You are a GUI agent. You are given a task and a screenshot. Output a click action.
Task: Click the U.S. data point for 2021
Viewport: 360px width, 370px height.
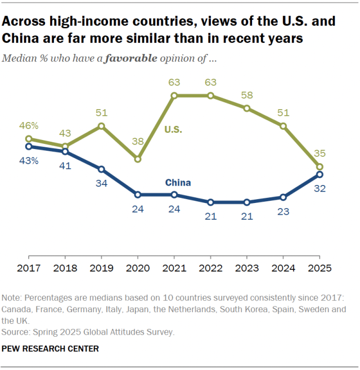coord(174,96)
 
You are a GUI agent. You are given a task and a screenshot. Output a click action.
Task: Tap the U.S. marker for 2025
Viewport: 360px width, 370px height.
coord(319,167)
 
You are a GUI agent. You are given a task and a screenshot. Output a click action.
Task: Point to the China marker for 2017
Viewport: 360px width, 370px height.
coord(29,146)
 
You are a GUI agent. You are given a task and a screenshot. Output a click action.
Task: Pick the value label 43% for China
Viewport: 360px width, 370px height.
coord(29,161)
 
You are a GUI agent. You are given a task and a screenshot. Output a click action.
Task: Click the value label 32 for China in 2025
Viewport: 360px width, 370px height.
coord(319,189)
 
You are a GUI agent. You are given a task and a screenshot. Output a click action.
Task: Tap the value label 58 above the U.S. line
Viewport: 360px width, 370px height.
coord(247,94)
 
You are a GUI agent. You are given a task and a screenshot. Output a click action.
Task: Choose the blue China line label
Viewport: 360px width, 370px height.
coord(178,182)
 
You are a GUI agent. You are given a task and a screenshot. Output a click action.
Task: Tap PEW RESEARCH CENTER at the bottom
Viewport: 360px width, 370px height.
coord(51,349)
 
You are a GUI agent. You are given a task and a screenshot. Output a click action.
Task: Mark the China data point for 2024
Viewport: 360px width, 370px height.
coord(283,197)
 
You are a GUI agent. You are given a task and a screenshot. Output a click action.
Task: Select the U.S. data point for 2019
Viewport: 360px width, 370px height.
coord(101,126)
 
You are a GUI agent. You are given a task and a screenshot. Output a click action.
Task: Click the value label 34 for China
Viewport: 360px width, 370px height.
coord(101,183)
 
